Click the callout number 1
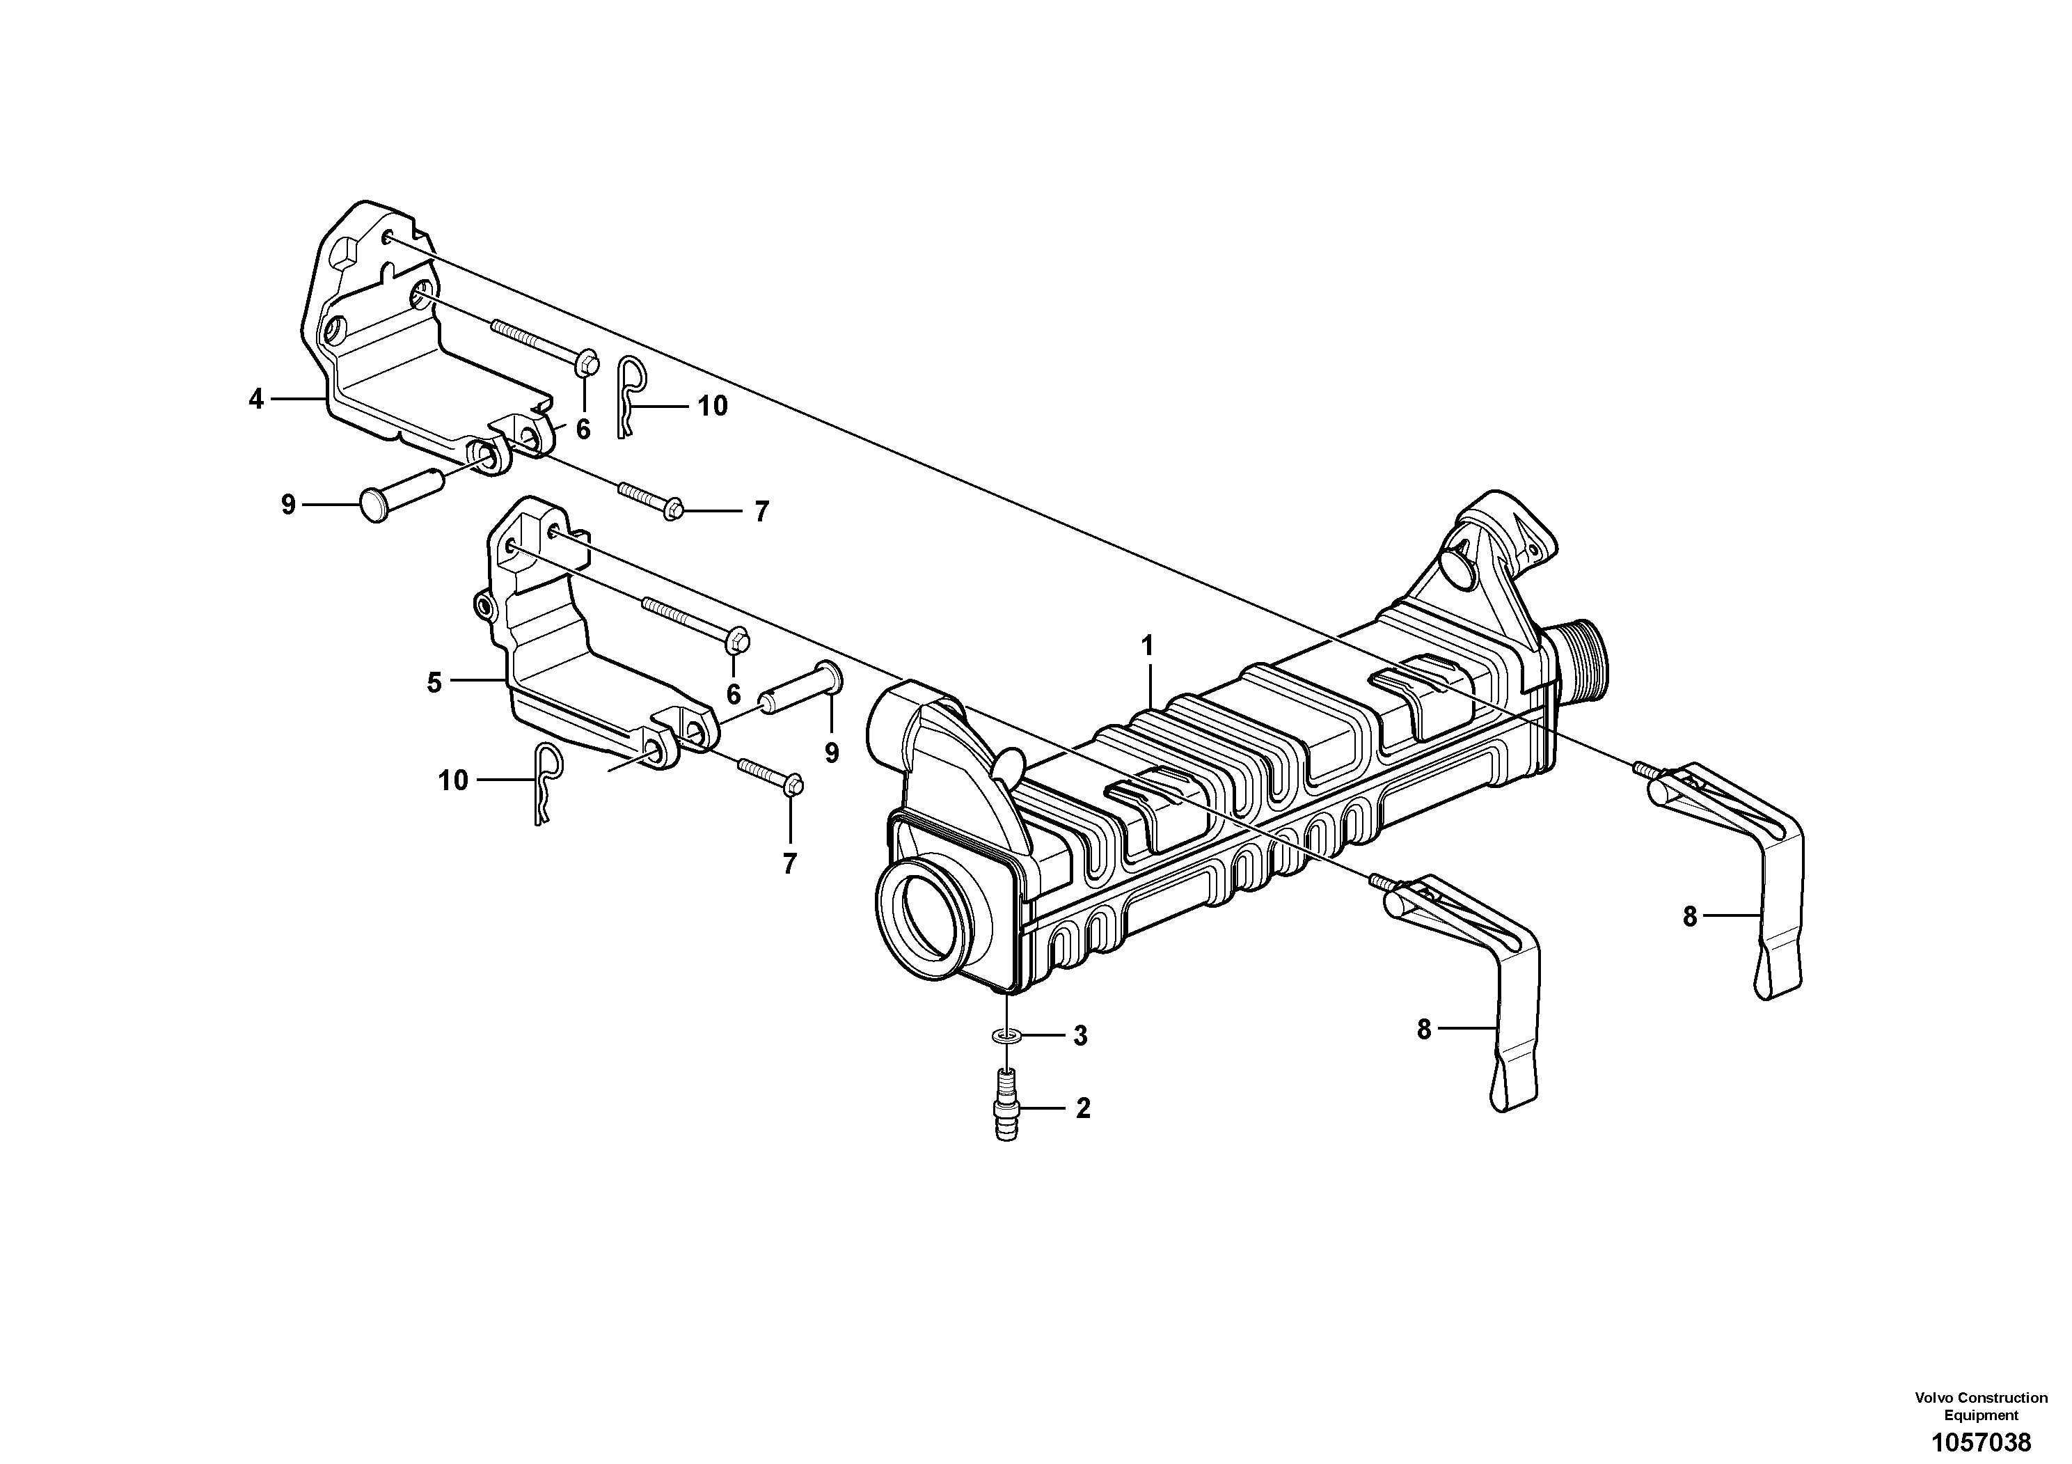tap(1148, 646)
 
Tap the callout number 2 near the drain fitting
tap(1083, 1108)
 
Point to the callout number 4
tap(256, 398)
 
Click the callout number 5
tap(434, 683)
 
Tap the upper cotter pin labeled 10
tap(630, 395)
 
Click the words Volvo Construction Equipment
tap(1981, 1406)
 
